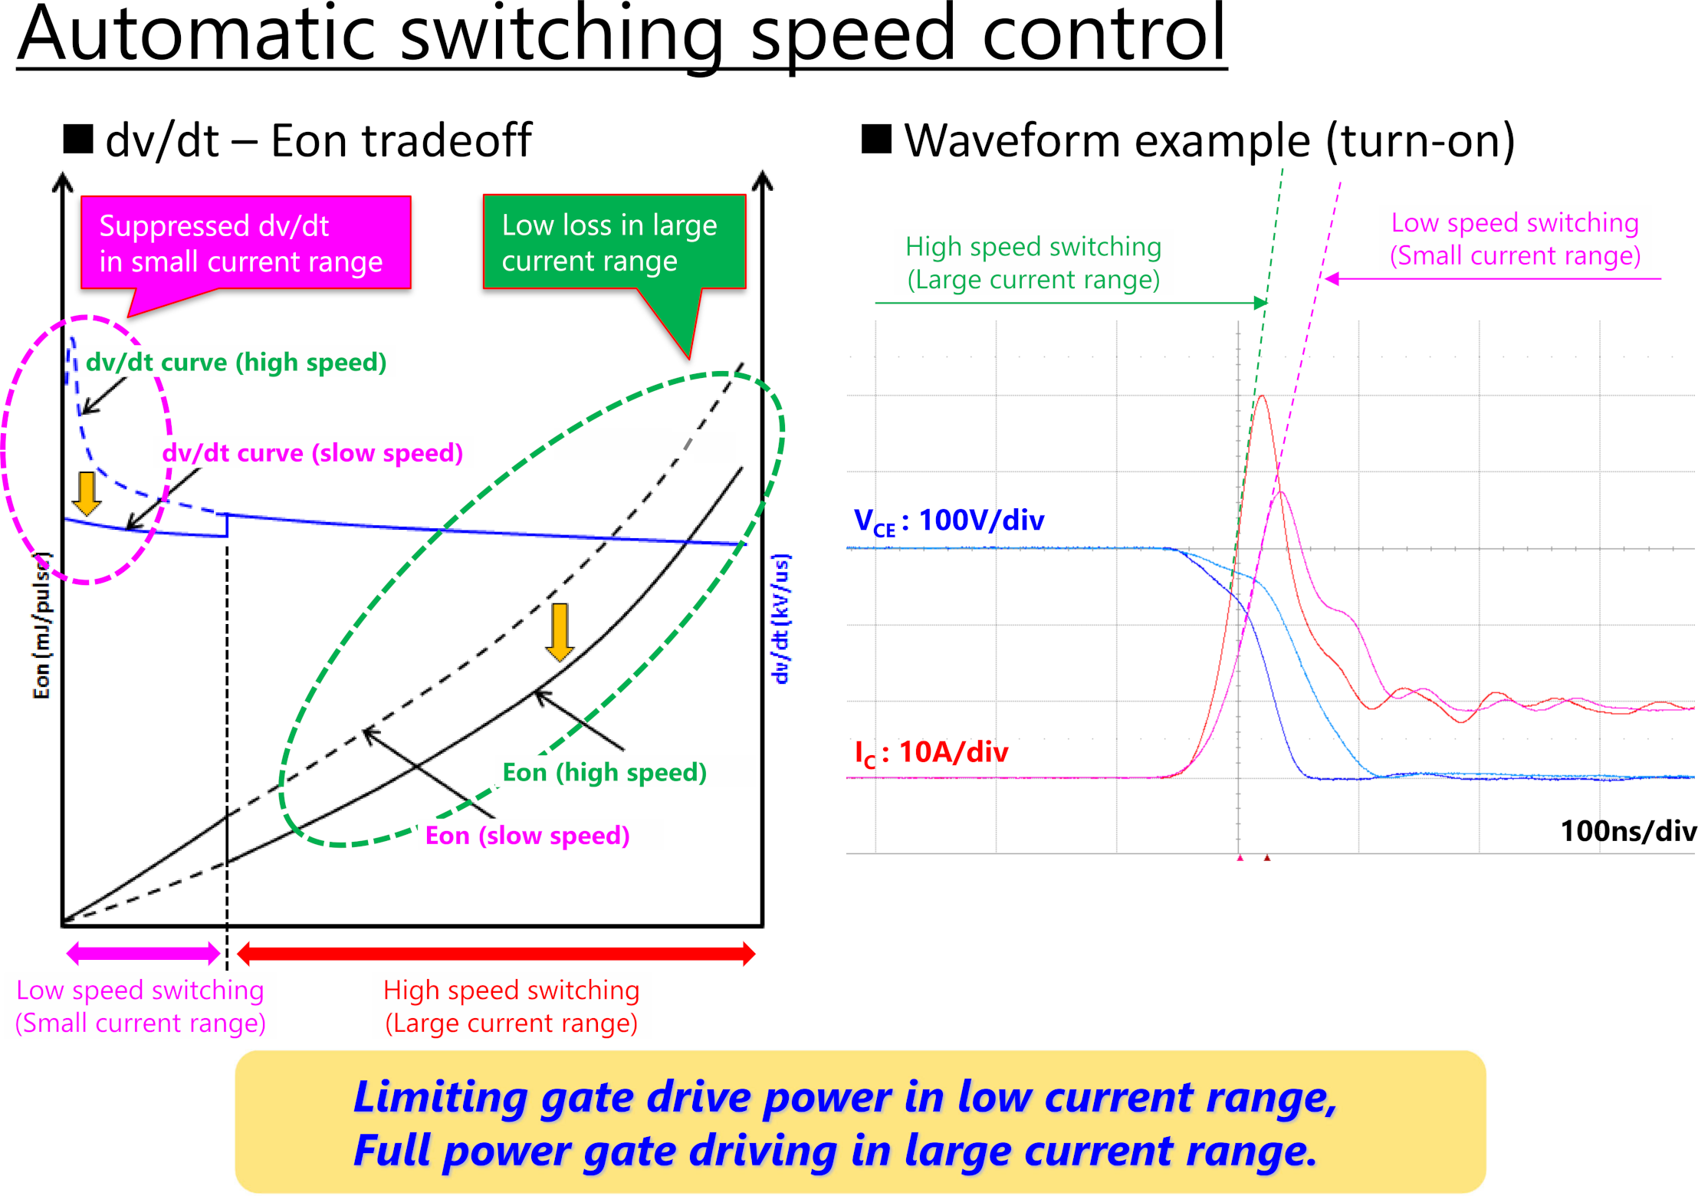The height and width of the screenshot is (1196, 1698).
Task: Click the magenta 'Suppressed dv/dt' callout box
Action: coord(245,243)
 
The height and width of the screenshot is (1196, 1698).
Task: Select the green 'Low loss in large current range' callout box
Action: coord(614,242)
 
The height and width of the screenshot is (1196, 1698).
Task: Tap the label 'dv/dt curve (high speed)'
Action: coord(236,362)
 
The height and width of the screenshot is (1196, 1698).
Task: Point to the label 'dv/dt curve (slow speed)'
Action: coord(313,452)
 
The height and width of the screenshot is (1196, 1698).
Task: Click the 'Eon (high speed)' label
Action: coord(604,771)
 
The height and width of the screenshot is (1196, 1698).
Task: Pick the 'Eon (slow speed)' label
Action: coord(527,835)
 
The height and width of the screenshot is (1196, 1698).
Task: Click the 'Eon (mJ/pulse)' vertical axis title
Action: coord(41,625)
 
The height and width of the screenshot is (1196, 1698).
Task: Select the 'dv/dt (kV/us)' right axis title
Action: coord(780,618)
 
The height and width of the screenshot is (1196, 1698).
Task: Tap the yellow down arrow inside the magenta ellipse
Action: coord(87,493)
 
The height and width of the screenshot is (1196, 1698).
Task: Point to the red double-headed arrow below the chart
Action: coord(497,954)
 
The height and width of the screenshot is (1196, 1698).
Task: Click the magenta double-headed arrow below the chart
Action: coord(143,954)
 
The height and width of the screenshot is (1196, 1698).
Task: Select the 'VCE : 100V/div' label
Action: coord(949,521)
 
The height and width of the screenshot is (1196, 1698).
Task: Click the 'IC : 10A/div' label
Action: coord(931,753)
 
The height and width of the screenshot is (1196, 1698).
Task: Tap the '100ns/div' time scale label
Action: coord(1628,831)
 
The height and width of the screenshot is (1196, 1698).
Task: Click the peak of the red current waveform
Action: coord(1262,396)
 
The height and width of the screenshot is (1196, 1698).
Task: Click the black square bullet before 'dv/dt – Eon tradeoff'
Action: coord(78,139)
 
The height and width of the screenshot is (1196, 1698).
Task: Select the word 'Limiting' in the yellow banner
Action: coord(440,1097)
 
